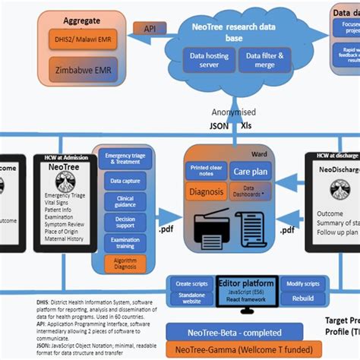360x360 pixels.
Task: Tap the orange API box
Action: [x=150, y=28]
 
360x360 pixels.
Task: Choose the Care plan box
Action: [x=250, y=172]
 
